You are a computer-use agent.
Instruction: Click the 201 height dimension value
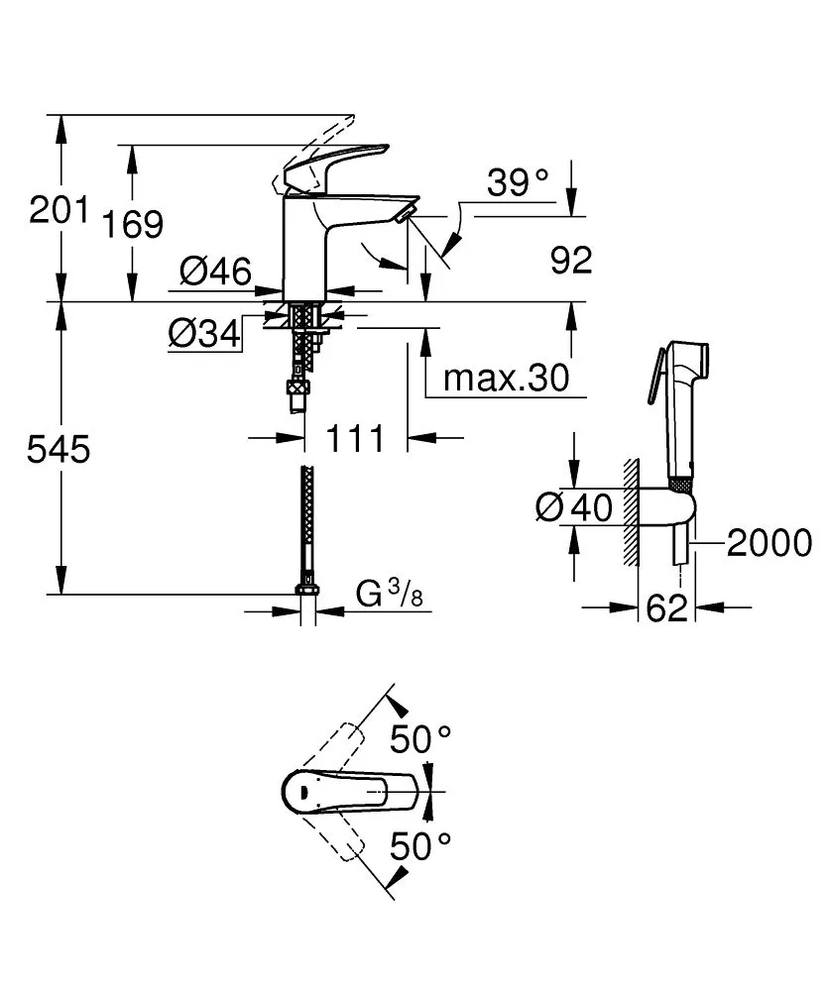59,211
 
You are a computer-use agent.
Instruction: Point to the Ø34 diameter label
204,336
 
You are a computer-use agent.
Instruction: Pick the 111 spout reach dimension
354,437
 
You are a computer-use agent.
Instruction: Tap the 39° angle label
518,182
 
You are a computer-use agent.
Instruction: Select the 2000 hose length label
768,543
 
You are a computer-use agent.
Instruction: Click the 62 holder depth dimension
665,608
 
